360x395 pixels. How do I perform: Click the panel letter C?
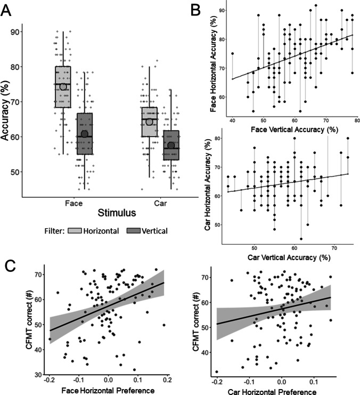pyautogui.click(x=9, y=264)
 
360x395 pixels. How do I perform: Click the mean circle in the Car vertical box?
pyautogui.click(x=170, y=146)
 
